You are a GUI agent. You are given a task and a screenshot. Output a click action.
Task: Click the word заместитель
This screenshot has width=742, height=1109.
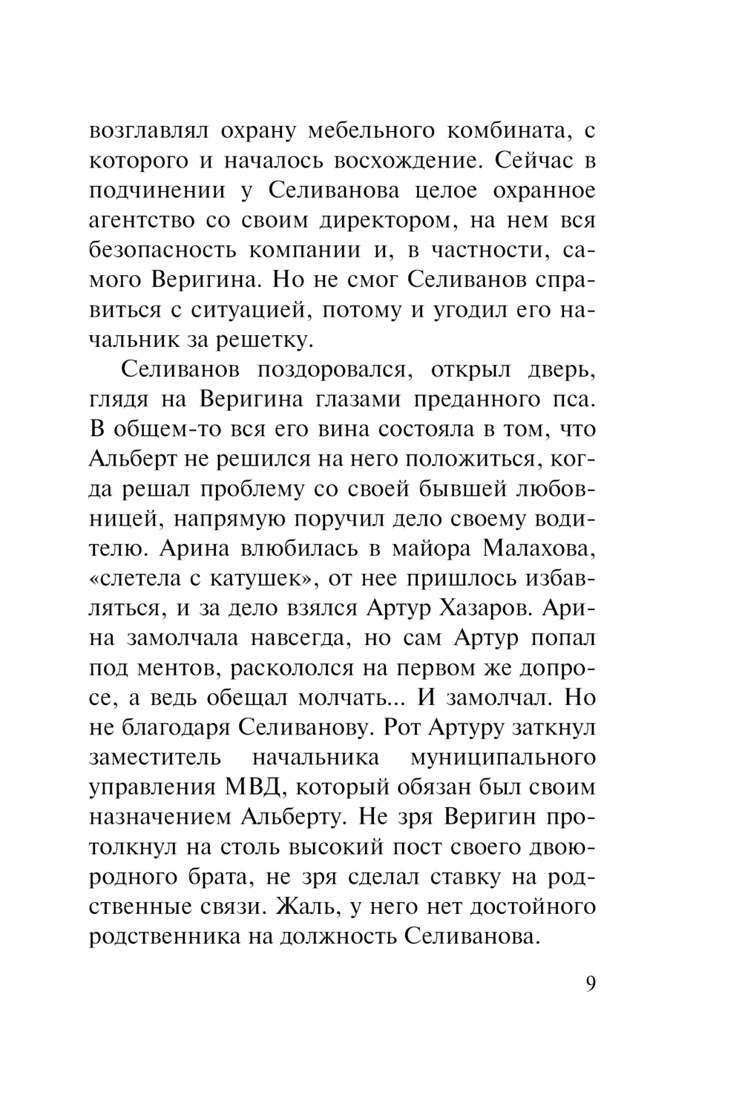[x=154, y=758]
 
